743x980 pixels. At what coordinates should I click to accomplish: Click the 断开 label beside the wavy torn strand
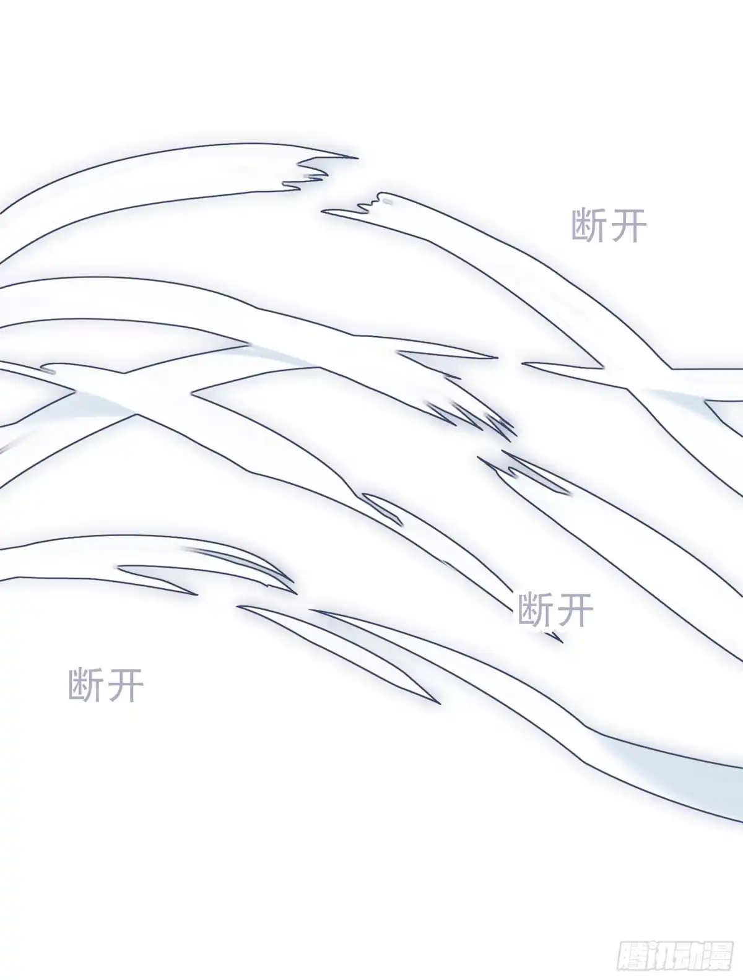pyautogui.click(x=609, y=226)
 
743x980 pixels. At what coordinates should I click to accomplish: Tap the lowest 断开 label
pyautogui.click(x=106, y=685)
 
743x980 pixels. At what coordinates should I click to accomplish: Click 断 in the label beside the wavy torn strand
pyautogui.click(x=589, y=226)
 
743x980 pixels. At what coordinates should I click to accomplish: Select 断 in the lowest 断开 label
pyautogui.click(x=86, y=685)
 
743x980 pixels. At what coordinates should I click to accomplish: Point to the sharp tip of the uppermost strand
pyautogui.click(x=357, y=157)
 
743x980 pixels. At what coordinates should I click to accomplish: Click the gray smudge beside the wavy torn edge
pyautogui.click(x=387, y=202)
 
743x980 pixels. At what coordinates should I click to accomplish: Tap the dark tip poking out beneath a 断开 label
pyautogui.click(x=557, y=638)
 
